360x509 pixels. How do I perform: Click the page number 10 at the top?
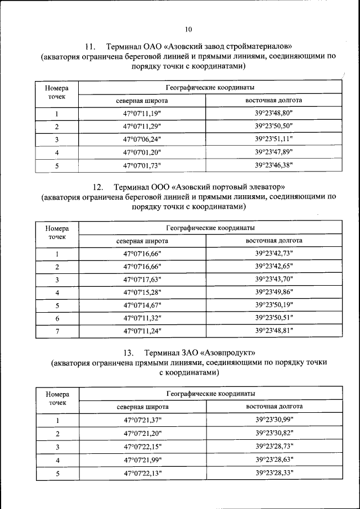(x=188, y=29)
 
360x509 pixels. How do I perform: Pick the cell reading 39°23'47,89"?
(x=274, y=152)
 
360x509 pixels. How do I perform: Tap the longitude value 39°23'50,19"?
(x=274, y=305)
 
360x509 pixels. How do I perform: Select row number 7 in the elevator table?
(x=57, y=331)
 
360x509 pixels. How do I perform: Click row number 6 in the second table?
(x=57, y=318)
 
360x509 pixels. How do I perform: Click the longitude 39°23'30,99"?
(x=274, y=420)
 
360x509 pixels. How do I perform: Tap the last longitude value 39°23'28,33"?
(x=274, y=472)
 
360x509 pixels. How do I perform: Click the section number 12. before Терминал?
(x=96, y=186)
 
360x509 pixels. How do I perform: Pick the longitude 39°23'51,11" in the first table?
(x=274, y=139)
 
